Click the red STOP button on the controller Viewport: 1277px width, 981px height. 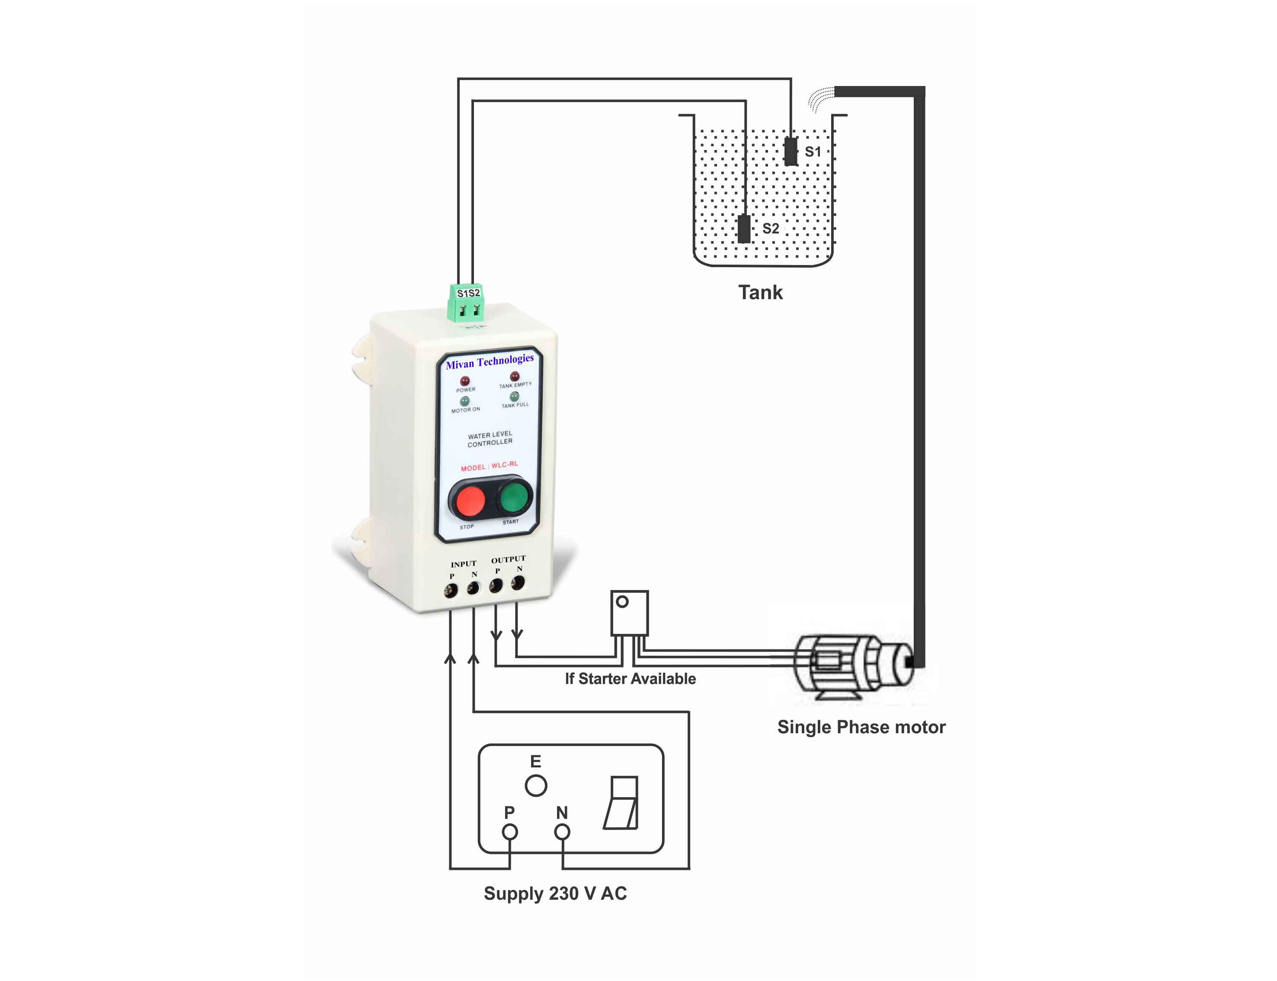tap(470, 500)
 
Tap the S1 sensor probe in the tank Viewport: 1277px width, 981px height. tap(790, 151)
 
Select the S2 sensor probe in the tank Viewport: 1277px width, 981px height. tap(744, 228)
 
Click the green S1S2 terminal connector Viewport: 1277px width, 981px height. tap(466, 303)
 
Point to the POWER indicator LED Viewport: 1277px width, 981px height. tap(465, 381)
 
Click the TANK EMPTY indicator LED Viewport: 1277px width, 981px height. tap(515, 377)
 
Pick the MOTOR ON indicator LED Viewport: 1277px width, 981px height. tap(465, 401)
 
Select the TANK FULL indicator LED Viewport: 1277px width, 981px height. tap(515, 396)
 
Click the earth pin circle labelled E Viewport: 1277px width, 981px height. tap(535, 786)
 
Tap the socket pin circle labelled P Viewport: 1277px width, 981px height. tap(510, 831)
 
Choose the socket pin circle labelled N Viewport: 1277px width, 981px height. tap(562, 831)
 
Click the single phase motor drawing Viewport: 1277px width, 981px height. tap(852, 666)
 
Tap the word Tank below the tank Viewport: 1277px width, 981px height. tap(760, 292)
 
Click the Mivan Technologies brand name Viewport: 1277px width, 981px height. tap(490, 361)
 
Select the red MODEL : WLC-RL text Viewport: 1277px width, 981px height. tap(490, 466)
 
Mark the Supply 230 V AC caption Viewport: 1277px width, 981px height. tap(555, 893)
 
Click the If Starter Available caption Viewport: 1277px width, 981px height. tap(630, 678)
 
